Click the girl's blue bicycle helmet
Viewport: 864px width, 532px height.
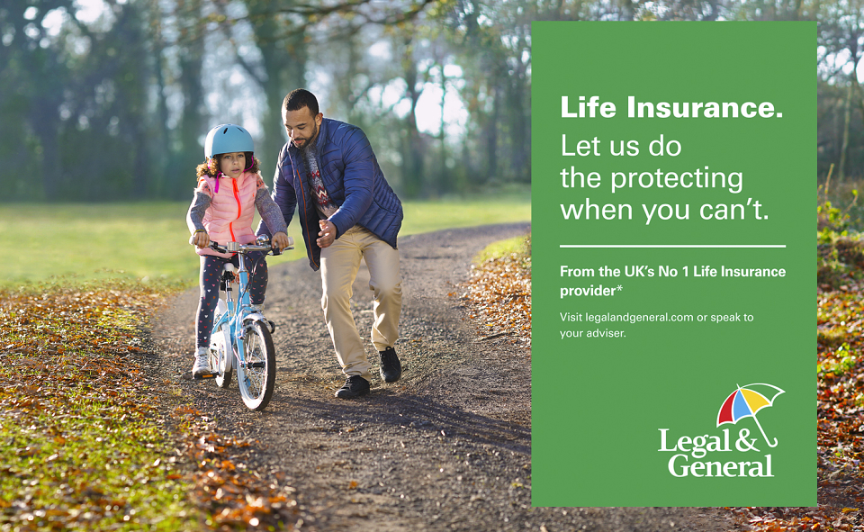coord(229,140)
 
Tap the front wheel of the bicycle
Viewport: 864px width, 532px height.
coord(256,363)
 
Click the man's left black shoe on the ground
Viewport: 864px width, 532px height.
coord(353,387)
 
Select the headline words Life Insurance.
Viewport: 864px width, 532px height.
coord(671,107)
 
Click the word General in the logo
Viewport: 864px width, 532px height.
coord(721,465)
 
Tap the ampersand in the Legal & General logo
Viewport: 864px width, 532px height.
coord(748,440)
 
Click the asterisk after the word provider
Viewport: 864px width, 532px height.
coord(619,288)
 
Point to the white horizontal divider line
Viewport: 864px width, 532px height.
coord(672,246)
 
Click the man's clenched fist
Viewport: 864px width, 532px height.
coord(326,234)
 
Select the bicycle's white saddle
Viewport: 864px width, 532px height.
coord(228,267)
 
